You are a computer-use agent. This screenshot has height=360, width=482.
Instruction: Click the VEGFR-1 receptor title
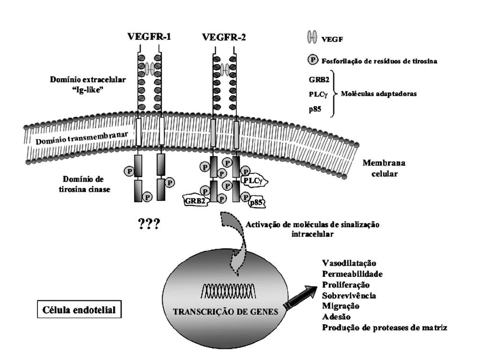tap(149, 37)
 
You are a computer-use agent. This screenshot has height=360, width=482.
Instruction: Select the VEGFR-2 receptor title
tap(224, 37)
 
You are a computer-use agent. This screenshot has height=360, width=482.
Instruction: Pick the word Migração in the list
tap(341, 306)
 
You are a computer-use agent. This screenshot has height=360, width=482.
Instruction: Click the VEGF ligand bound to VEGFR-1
tap(149, 69)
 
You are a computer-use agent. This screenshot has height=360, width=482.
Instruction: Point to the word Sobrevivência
tap(349, 295)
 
